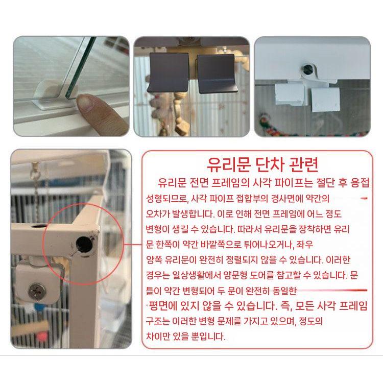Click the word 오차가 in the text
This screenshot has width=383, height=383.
(159, 213)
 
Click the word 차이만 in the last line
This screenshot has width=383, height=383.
(159, 337)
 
